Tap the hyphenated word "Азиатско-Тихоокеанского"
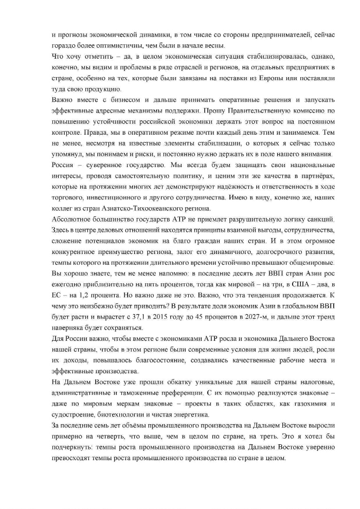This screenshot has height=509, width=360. (140, 208)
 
